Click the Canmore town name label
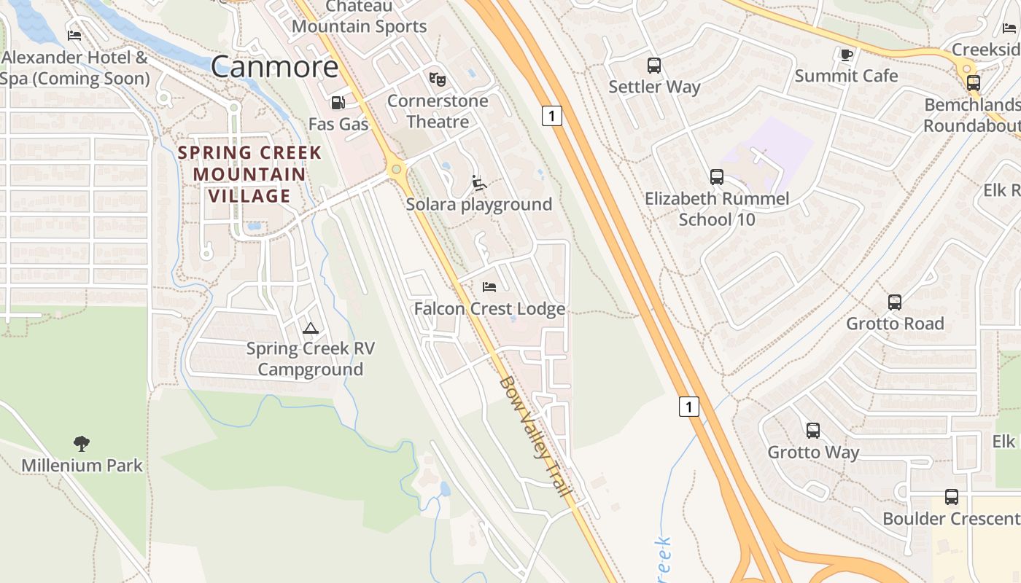tap(275, 67)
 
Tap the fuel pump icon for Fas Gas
tap(338, 103)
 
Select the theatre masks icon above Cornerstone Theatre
tap(437, 79)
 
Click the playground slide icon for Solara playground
tap(478, 183)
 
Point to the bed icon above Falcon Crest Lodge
tap(489, 287)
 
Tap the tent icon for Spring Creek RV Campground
tap(311, 328)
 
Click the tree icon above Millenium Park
tap(82, 443)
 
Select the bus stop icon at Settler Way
tap(654, 66)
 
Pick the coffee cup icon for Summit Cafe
tap(846, 55)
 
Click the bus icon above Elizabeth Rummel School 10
tap(717, 177)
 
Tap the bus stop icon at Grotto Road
tap(895, 302)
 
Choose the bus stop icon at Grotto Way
tap(813, 431)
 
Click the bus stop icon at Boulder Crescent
tap(952, 497)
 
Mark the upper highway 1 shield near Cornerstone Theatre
tap(552, 115)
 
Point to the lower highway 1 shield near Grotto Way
tap(689, 406)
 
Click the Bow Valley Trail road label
tap(535, 437)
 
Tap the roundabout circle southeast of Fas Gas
tap(396, 170)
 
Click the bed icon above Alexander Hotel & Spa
tap(74, 35)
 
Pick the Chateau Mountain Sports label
tap(359, 17)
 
